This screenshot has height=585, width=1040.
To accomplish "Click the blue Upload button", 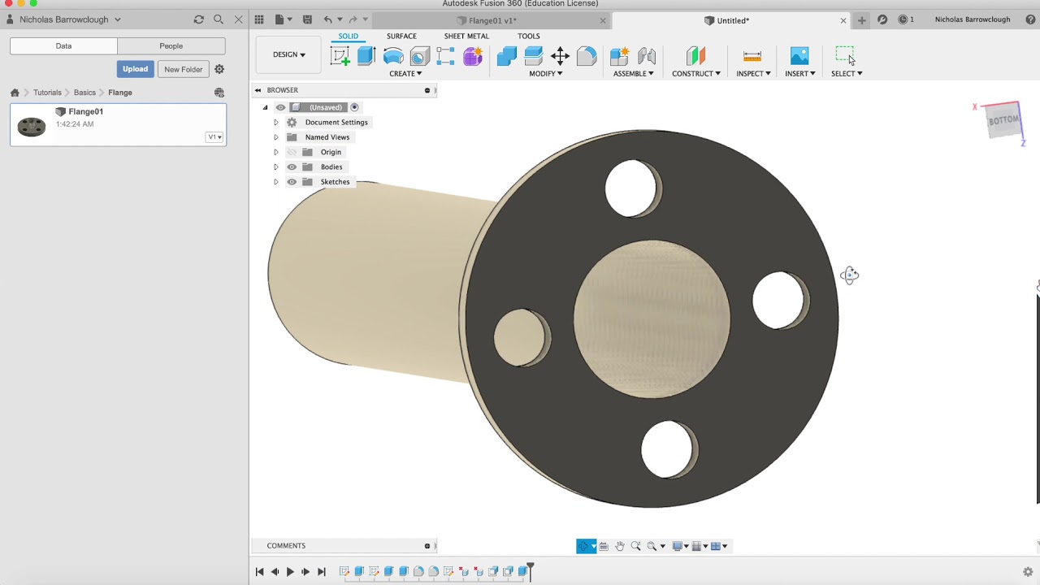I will pyautogui.click(x=135, y=69).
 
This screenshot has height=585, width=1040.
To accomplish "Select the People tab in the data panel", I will pyautogui.click(x=171, y=46).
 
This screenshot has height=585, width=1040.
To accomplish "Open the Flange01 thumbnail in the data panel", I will pyautogui.click(x=32, y=125).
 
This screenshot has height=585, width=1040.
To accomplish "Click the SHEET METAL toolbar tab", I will pyautogui.click(x=466, y=36).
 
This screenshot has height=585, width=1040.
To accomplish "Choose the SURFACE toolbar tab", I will pyautogui.click(x=401, y=36).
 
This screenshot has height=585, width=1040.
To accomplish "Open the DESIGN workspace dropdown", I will pyautogui.click(x=288, y=54).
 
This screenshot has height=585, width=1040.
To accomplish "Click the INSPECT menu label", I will pyautogui.click(x=753, y=73).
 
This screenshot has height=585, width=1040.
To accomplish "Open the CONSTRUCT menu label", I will pyautogui.click(x=695, y=73).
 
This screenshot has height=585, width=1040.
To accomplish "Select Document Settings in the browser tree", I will pyautogui.click(x=336, y=122).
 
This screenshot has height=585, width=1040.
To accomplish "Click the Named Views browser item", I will pyautogui.click(x=327, y=137).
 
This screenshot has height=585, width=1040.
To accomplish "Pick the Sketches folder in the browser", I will pyautogui.click(x=335, y=182).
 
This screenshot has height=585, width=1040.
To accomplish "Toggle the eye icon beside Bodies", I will pyautogui.click(x=292, y=167).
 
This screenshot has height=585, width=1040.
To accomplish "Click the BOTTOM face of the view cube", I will pyautogui.click(x=1003, y=120).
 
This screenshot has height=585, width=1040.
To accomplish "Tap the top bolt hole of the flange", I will pyautogui.click(x=632, y=188).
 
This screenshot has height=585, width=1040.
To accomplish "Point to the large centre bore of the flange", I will pyautogui.click(x=652, y=318).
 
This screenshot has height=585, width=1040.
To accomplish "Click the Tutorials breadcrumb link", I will pyautogui.click(x=47, y=93).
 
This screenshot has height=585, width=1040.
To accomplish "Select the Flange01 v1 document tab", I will pyautogui.click(x=492, y=20).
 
